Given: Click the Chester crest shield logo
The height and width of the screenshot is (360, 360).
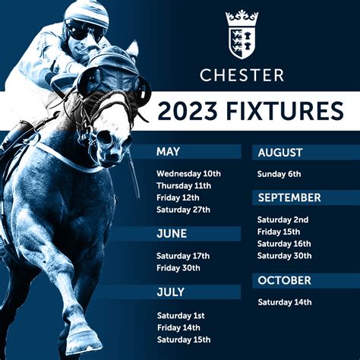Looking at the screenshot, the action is (242, 35).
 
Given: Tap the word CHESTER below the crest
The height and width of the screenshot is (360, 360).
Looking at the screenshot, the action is (242, 75).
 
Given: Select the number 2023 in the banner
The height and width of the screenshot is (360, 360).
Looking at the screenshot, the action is (188, 111).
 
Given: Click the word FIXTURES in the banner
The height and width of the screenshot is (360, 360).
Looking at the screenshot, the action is (285, 111).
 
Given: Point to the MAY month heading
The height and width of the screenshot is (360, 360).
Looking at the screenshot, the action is (168, 152).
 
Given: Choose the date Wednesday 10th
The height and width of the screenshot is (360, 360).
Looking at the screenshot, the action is (188, 174).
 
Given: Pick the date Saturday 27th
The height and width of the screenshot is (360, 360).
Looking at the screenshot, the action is (183, 210).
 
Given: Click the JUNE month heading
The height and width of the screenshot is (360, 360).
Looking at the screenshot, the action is (172, 233).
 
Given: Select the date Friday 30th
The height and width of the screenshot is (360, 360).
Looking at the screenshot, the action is (178, 268).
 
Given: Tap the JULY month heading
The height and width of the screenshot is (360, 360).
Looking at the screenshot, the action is (171, 292).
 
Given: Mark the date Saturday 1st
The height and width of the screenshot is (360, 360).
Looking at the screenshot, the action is (181, 316).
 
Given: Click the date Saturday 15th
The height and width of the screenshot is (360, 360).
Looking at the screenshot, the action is (184, 339).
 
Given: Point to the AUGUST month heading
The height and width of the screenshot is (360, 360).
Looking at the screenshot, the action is (280, 153).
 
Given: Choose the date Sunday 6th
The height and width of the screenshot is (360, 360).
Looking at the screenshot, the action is (279, 174).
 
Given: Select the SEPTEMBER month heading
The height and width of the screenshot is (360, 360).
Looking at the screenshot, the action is (289, 197).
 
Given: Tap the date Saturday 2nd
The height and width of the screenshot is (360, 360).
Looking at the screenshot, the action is (283, 219).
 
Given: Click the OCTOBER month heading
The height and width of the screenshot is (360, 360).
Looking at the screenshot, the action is (284, 280).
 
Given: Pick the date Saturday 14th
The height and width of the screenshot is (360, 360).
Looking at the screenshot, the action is (285, 302).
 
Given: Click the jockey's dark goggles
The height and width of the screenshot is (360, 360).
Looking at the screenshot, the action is (84, 32).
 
